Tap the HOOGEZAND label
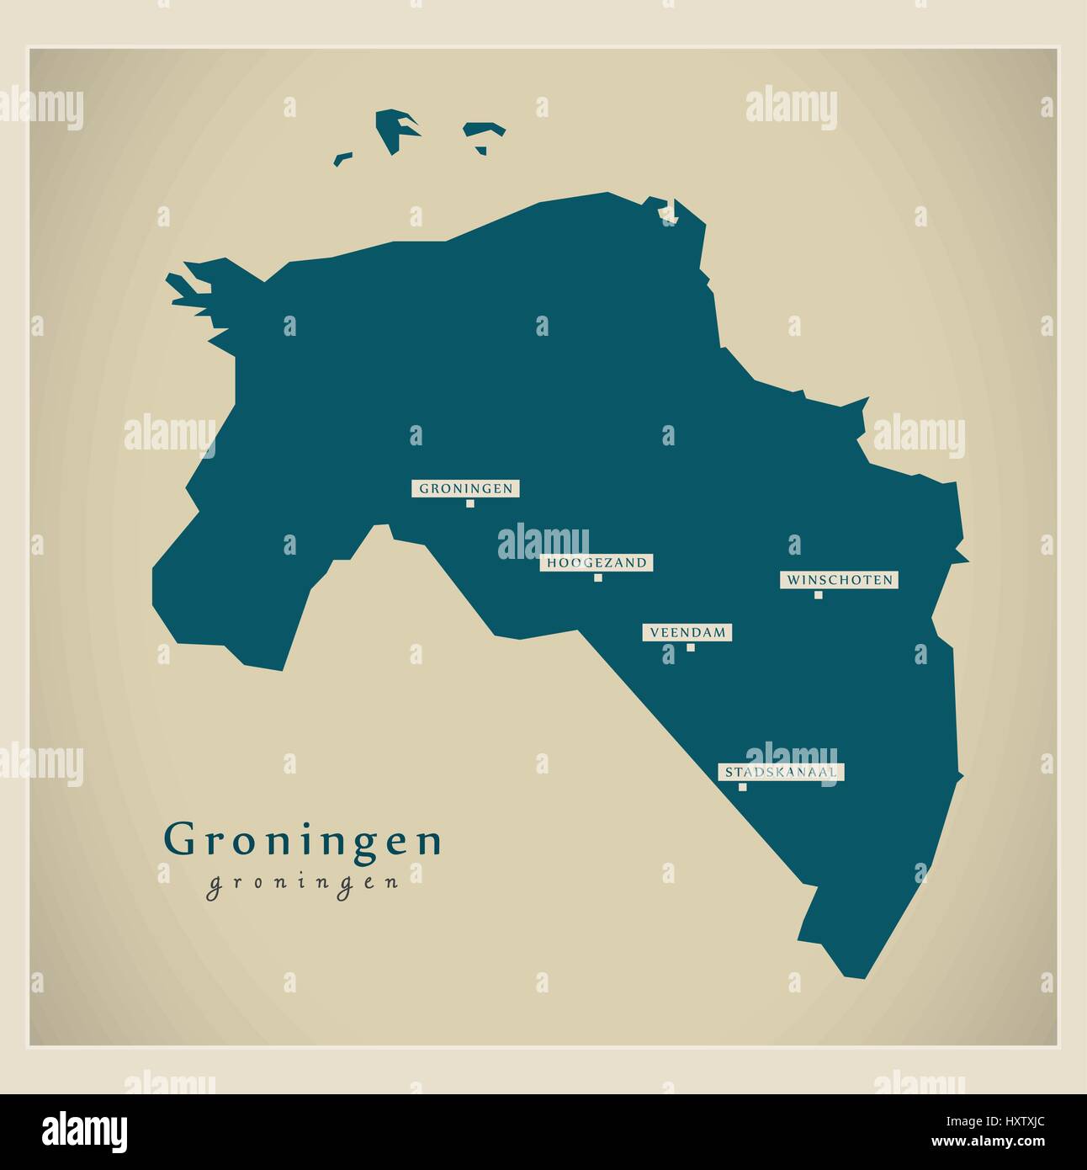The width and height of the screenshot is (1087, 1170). tap(597, 563)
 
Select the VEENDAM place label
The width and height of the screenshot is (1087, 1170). tap(687, 632)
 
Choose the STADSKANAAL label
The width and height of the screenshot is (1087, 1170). tap(781, 772)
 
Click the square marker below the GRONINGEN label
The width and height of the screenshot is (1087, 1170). tap(469, 503)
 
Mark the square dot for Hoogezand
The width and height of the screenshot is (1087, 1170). tap(598, 577)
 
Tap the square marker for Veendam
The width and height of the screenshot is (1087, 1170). tap(691, 647)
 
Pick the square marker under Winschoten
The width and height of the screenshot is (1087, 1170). tap(818, 595)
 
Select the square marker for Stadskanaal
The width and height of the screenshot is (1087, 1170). tap(742, 787)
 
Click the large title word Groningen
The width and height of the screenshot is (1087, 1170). tap(303, 840)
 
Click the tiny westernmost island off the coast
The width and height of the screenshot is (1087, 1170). tap(342, 157)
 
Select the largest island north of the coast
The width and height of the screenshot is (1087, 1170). tap(395, 130)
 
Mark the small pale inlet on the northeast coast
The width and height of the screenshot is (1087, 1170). tap(670, 212)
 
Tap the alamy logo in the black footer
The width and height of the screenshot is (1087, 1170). tap(84, 1130)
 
